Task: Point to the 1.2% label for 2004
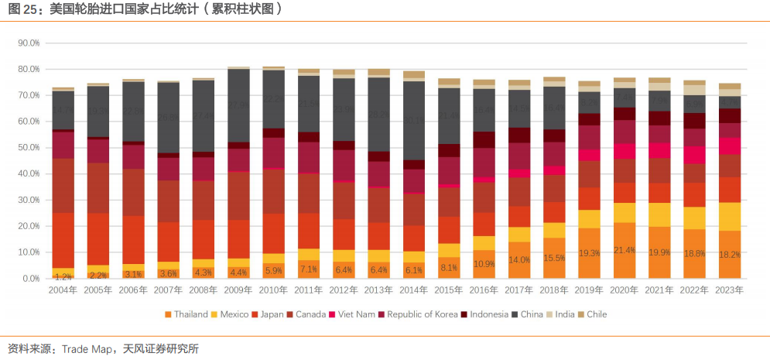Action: point(63,276)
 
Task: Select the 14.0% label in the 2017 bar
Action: point(519,260)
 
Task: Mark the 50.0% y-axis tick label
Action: point(29,148)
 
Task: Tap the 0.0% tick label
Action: point(31,279)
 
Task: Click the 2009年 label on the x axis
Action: point(238,290)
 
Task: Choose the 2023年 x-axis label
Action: point(729,290)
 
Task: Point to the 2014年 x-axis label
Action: point(414,290)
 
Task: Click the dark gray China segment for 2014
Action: point(414,120)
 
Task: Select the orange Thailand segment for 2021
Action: point(659,252)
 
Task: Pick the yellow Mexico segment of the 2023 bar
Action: point(730,217)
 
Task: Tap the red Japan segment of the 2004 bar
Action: point(63,240)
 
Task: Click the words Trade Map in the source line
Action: point(87,349)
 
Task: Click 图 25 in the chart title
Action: point(22,10)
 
